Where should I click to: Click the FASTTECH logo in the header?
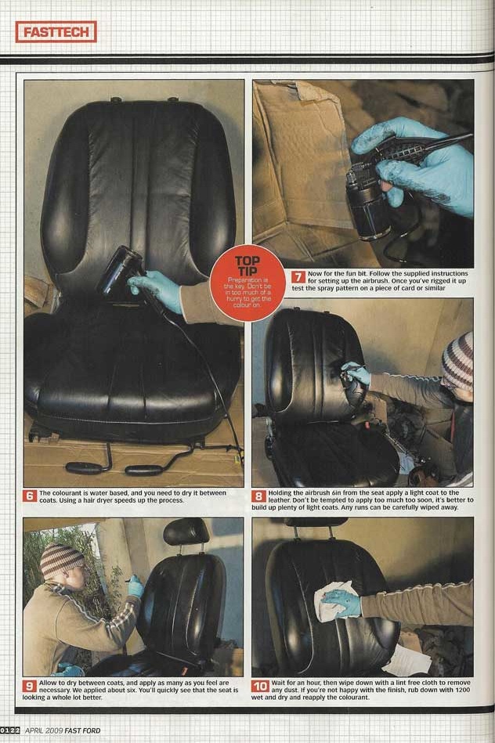click(56, 32)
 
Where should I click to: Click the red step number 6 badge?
click(31, 496)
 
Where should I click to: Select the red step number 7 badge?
click(298, 276)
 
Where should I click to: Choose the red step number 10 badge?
click(260, 686)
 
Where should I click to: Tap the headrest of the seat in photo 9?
click(186, 532)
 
